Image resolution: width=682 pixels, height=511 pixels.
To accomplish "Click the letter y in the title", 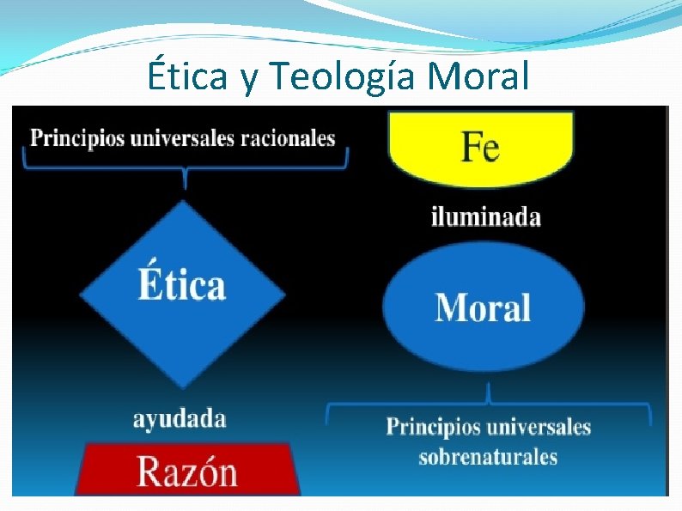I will point(249,80).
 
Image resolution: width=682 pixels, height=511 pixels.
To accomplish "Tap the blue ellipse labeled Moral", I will point(483,307).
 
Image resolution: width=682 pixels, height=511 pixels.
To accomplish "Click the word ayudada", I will point(180,419).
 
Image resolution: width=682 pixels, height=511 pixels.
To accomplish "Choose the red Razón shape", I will point(188,470).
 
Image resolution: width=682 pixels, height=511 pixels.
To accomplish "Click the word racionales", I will point(291,137).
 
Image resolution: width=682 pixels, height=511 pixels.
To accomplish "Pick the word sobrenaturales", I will point(488,456).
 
